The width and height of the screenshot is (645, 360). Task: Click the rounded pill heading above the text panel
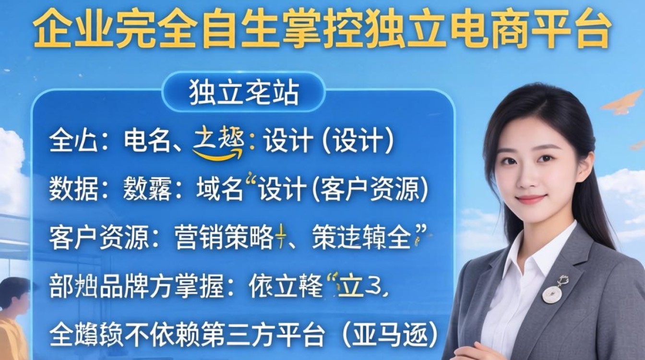coord(243,92)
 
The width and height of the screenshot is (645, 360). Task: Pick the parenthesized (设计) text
coord(358,142)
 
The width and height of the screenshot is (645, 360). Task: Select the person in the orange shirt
coord(13,317)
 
